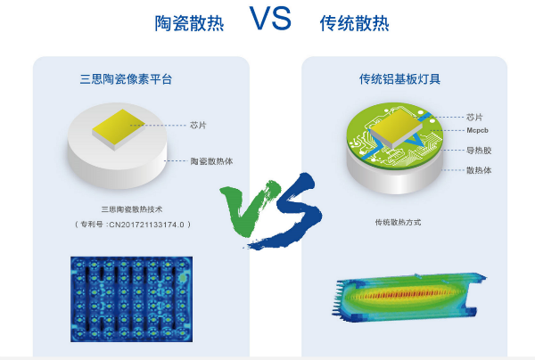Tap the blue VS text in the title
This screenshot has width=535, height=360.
point(270,20)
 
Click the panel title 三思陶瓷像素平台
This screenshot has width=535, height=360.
point(126,79)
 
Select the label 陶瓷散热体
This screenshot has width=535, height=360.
point(212,162)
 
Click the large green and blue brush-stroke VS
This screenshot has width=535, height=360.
point(267,210)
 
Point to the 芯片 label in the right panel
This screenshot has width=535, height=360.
point(475,117)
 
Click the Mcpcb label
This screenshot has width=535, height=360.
point(479,130)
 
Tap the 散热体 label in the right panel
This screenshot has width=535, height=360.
point(479,170)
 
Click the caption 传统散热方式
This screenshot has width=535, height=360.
point(398,222)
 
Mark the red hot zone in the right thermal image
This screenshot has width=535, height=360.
point(405,291)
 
